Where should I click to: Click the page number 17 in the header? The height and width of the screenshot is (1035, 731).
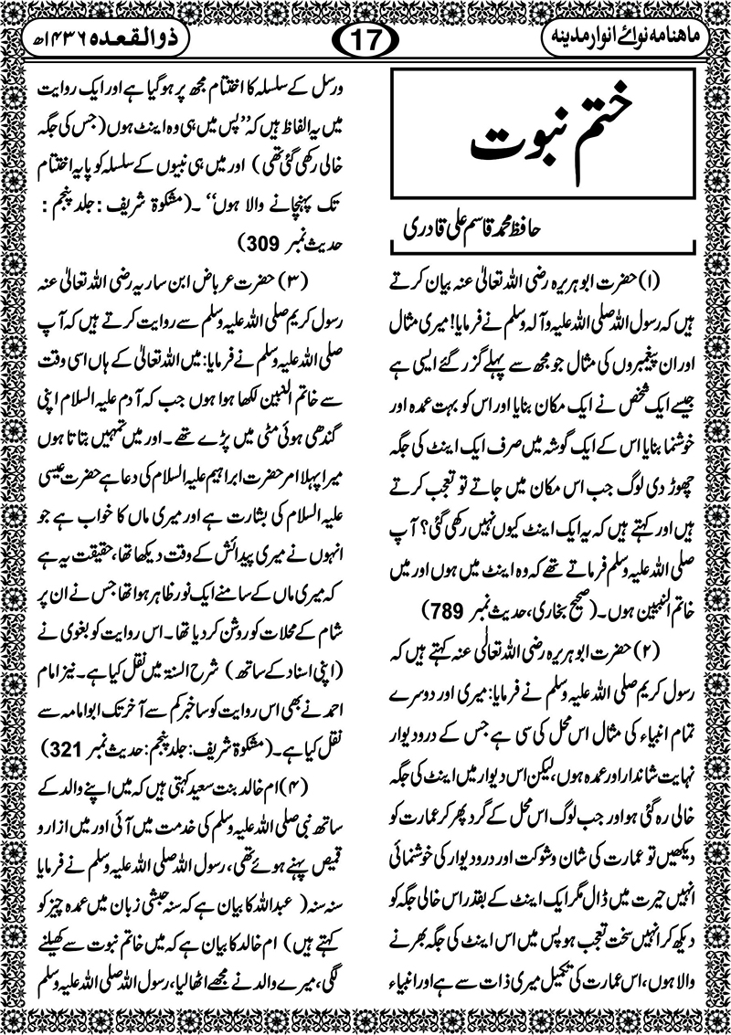[365, 40]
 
